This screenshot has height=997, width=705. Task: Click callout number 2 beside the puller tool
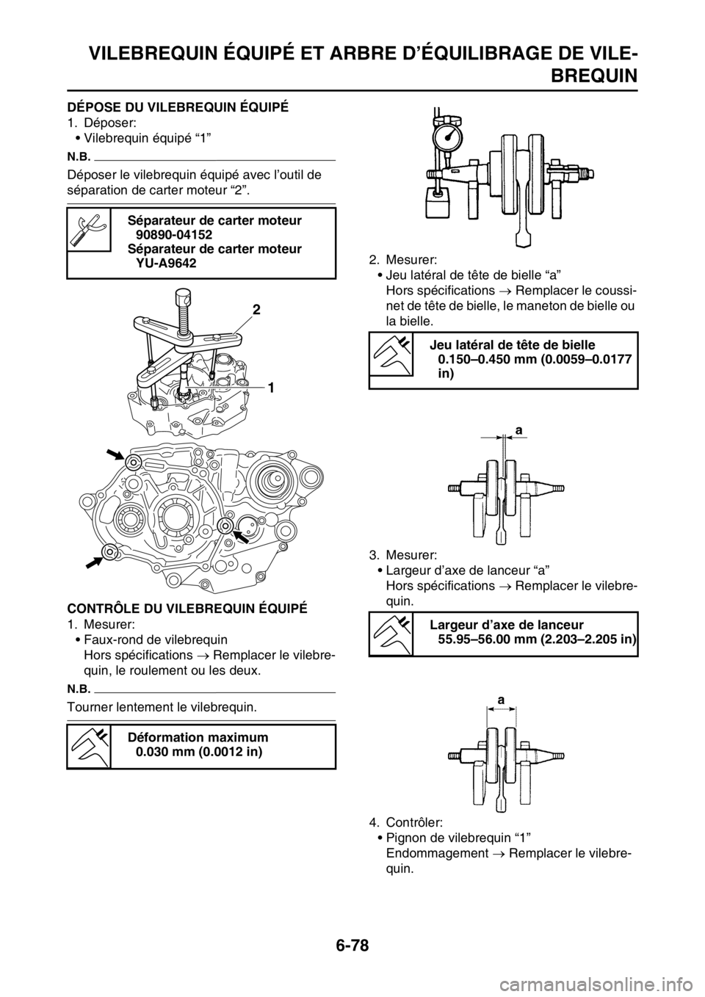[x=256, y=311]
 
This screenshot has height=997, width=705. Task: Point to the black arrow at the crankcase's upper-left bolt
[x=116, y=452]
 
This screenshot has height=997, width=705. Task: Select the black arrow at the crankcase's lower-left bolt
[x=94, y=562]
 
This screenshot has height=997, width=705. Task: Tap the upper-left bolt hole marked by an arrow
[x=133, y=462]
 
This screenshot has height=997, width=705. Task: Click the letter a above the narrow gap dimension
[x=518, y=433]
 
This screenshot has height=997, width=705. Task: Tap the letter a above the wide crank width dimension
[x=502, y=701]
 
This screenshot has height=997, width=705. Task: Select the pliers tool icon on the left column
[x=88, y=229]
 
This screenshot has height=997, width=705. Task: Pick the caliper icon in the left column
[x=89, y=747]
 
